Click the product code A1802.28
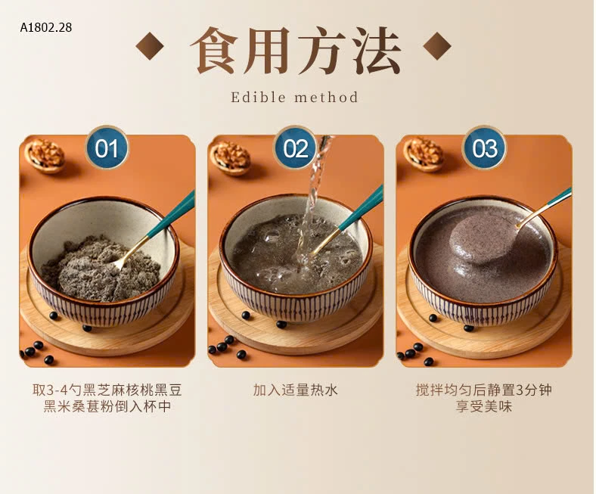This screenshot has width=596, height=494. [46, 27]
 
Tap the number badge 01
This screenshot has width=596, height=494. [107, 148]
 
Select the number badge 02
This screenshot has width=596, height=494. [296, 148]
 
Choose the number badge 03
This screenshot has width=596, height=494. [484, 148]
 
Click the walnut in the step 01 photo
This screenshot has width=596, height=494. [45, 154]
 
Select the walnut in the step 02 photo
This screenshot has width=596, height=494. [230, 157]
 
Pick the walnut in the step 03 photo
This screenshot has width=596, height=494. [423, 153]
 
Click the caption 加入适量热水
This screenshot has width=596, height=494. [296, 390]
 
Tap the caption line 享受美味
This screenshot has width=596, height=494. [484, 408]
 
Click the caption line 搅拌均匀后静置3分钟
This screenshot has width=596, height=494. [484, 390]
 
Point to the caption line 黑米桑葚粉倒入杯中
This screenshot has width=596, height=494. [107, 408]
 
